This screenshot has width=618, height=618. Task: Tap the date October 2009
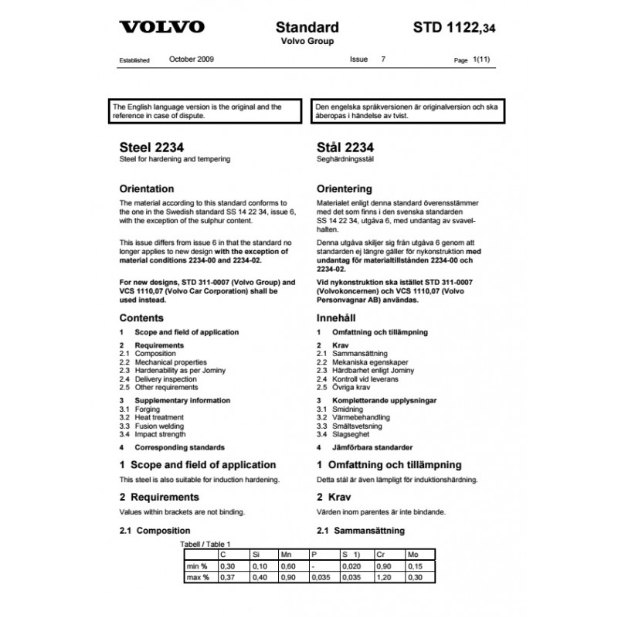click(192, 59)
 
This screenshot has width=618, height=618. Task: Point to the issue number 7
click(383, 59)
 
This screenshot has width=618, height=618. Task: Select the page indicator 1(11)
click(483, 59)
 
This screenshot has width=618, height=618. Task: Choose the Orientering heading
click(345, 188)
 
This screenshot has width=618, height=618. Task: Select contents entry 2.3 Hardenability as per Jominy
click(174, 370)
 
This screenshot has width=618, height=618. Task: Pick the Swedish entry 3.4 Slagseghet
click(345, 434)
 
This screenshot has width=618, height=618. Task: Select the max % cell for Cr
click(382, 578)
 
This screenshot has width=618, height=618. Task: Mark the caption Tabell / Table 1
click(205, 545)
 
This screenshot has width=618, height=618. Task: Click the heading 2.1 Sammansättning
click(361, 531)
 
